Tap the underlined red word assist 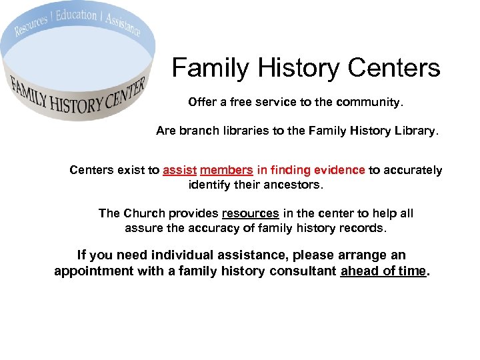pos(179,170)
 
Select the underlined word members pos(226,170)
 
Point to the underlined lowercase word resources pos(250,213)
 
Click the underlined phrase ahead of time pos(383,271)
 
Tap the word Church pos(145,213)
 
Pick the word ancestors pos(293,184)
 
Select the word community pos(369,103)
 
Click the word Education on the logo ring pos(77,15)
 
